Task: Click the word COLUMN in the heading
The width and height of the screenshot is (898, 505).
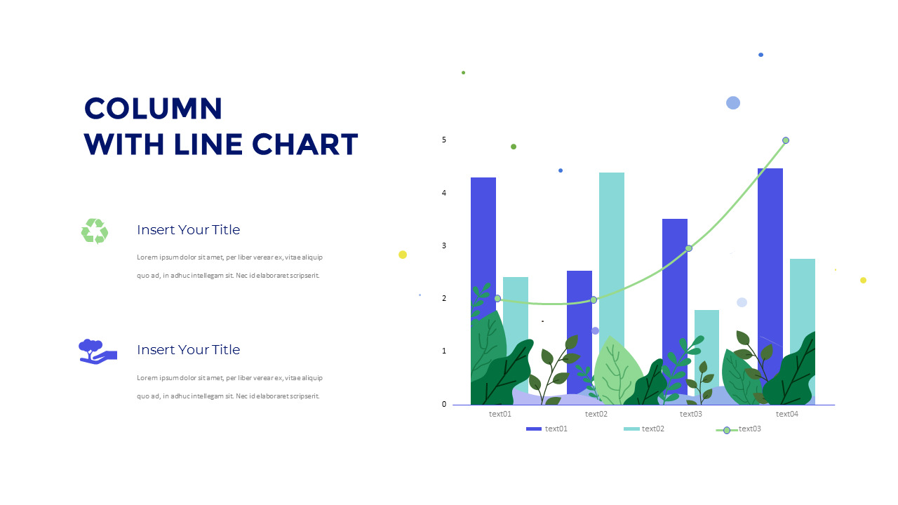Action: click(x=153, y=109)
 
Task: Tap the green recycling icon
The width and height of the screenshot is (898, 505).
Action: click(x=95, y=231)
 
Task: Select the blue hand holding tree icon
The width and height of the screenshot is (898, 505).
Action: click(x=97, y=351)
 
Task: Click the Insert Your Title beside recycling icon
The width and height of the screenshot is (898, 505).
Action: click(x=188, y=230)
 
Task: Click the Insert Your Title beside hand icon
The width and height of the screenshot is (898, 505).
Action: click(x=188, y=350)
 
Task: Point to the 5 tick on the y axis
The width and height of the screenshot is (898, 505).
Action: click(x=444, y=140)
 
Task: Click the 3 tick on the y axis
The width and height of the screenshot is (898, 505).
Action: click(x=444, y=246)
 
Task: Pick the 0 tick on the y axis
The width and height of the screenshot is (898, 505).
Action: click(x=444, y=404)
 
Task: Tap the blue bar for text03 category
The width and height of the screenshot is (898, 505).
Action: click(x=674, y=281)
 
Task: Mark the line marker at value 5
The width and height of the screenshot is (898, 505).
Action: click(x=786, y=140)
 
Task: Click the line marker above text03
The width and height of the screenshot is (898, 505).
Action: click(x=689, y=248)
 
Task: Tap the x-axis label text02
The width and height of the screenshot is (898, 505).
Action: click(x=596, y=414)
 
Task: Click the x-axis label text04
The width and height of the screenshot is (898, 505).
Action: click(x=787, y=414)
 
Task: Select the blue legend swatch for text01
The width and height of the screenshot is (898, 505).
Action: click(x=534, y=429)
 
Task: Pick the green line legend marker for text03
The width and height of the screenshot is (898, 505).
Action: click(x=727, y=430)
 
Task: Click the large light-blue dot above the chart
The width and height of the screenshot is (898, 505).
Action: click(x=733, y=103)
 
